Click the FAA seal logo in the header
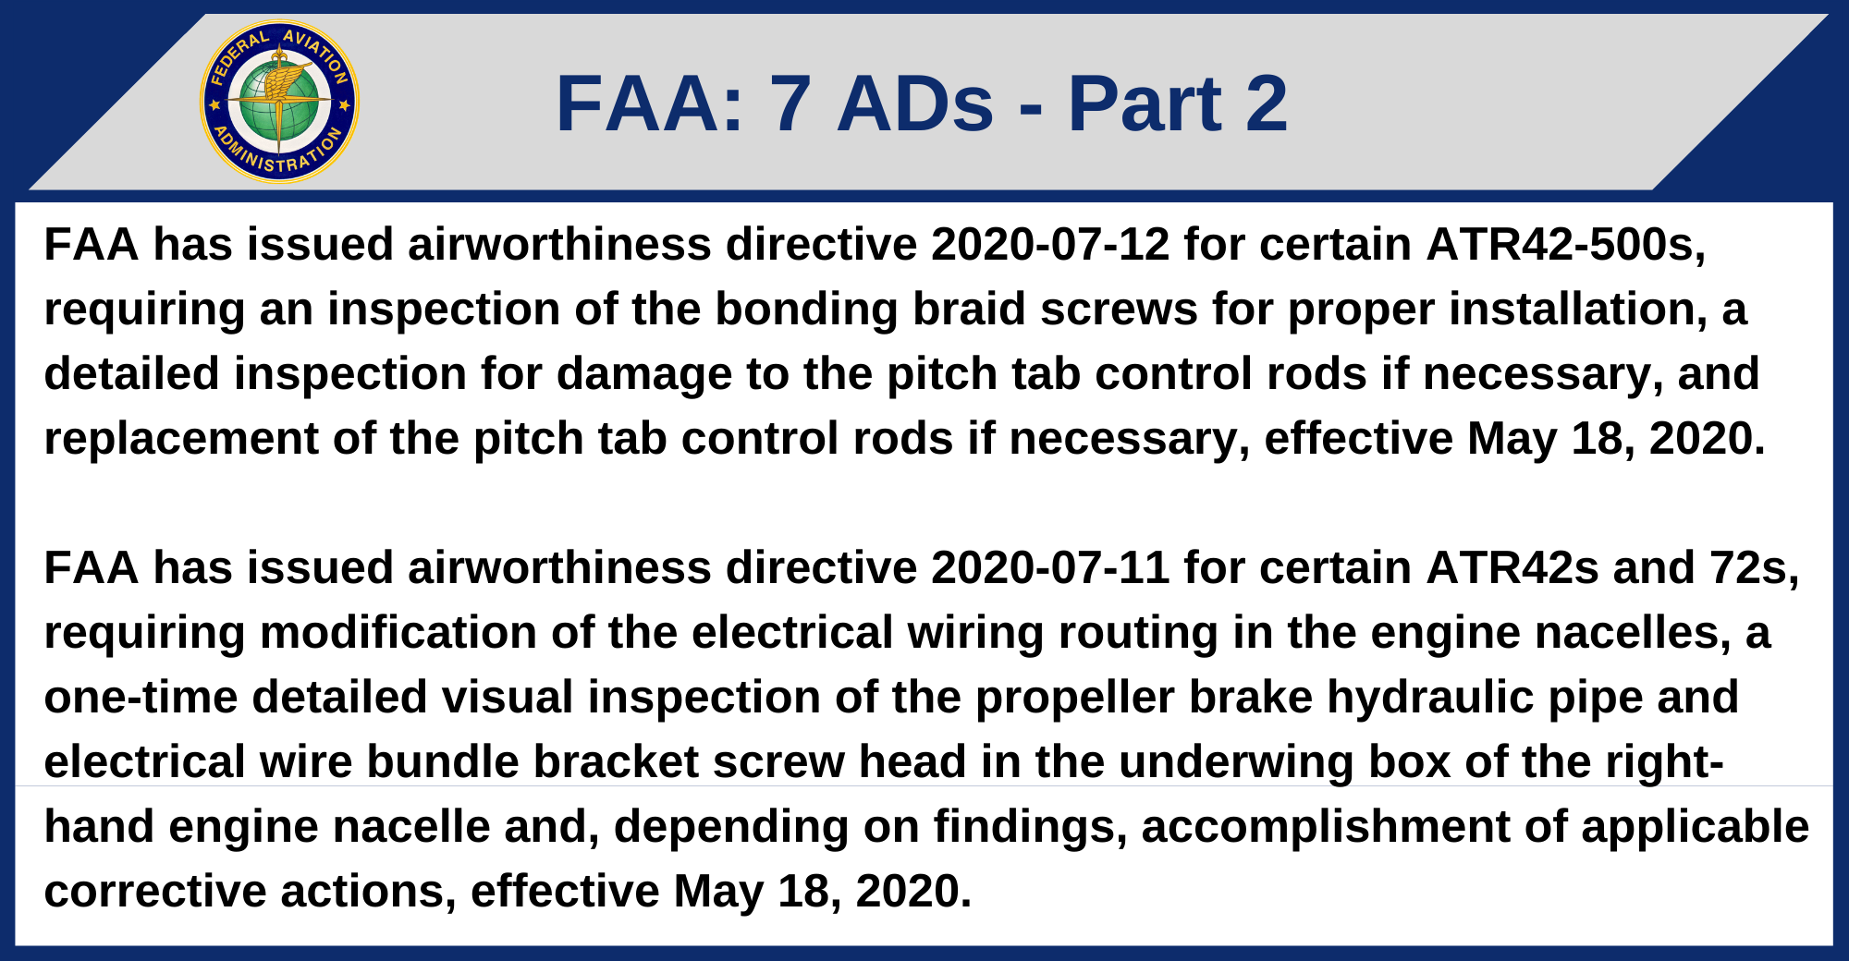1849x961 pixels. (279, 102)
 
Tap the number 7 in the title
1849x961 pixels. (790, 103)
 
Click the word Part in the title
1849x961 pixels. (1145, 103)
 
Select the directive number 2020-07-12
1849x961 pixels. (1050, 245)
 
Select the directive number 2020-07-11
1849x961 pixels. (1050, 568)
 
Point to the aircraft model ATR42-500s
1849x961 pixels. (1564, 245)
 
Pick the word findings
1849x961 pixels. (1030, 827)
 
